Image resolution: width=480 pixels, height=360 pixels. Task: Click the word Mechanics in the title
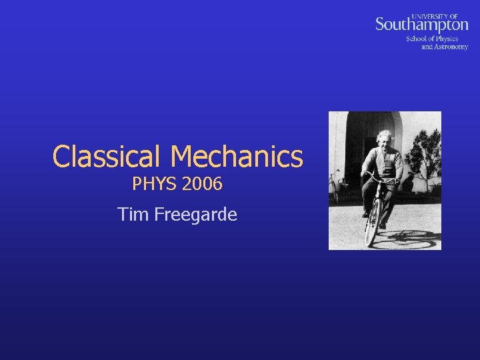(238, 157)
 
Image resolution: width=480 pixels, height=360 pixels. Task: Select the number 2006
(201, 183)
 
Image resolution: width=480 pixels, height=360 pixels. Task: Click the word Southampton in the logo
(421, 25)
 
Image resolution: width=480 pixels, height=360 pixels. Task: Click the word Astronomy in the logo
(451, 47)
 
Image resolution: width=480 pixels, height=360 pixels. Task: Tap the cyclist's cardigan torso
(385, 163)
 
